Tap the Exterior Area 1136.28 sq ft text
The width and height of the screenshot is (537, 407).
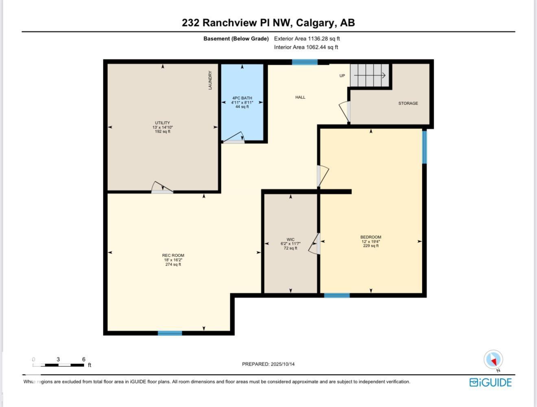[307, 39]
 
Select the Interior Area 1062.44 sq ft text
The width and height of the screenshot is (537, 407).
[306, 47]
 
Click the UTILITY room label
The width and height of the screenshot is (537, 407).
[162, 123]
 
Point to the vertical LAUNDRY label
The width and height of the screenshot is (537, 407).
[210, 80]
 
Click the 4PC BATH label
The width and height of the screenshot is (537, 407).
[242, 98]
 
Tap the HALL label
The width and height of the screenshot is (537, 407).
[300, 97]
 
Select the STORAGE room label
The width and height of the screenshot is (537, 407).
[408, 103]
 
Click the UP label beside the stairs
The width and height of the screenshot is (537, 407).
[342, 76]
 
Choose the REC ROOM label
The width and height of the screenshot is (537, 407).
[173, 256]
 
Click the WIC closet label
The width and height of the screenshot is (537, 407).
[290, 239]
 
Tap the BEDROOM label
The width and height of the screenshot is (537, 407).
[371, 237]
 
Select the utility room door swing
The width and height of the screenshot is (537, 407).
[162, 187]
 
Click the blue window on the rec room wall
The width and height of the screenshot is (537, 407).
[170, 333]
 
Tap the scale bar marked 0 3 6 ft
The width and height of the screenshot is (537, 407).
[59, 365]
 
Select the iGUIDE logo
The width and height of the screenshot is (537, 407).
[490, 382]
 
